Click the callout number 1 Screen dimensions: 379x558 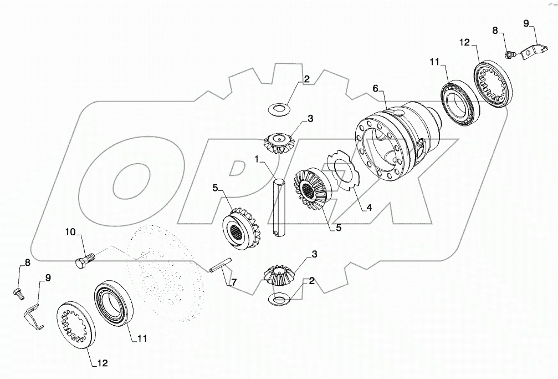pyautogui.click(x=257, y=159)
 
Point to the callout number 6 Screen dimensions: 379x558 pyautogui.click(x=376, y=89)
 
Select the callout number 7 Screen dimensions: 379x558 pyautogui.click(x=234, y=283)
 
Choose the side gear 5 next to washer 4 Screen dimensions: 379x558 pyautogui.click(x=314, y=189)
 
